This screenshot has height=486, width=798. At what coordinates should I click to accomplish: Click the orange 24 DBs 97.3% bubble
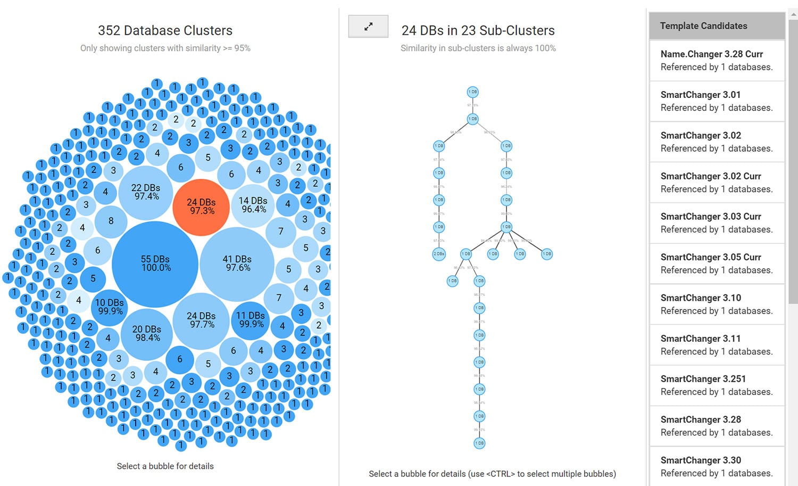click(x=201, y=207)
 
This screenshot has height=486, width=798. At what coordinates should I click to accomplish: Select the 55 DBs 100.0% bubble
click(x=155, y=264)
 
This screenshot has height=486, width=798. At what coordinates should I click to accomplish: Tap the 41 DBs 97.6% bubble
click(x=237, y=264)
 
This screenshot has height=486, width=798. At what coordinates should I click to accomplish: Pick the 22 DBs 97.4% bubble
click(x=146, y=192)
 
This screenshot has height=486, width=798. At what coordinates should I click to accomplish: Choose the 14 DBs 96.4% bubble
click(x=253, y=205)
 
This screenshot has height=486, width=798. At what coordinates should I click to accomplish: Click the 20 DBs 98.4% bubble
click(x=147, y=334)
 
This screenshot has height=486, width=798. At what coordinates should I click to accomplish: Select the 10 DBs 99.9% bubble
click(x=110, y=307)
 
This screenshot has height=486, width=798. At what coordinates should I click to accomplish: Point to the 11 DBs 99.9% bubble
click(x=251, y=320)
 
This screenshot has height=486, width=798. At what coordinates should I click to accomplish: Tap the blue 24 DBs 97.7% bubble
click(x=201, y=320)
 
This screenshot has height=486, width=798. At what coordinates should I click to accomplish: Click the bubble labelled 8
click(x=111, y=221)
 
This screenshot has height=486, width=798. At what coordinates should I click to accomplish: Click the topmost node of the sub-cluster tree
click(x=472, y=92)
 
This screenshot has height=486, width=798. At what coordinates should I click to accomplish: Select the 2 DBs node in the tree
click(x=439, y=254)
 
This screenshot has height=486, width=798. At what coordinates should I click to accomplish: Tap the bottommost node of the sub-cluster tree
click(x=479, y=443)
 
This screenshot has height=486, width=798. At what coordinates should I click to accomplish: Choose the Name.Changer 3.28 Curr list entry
click(x=717, y=61)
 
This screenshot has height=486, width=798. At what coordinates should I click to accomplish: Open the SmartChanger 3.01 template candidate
click(x=717, y=101)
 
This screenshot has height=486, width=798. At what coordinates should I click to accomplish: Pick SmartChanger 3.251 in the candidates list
click(x=717, y=385)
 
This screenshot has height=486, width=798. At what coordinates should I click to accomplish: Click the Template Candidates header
click(x=717, y=26)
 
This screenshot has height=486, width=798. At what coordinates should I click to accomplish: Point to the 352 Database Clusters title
click(x=165, y=30)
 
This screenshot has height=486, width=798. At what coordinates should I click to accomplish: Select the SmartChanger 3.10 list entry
click(x=717, y=304)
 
